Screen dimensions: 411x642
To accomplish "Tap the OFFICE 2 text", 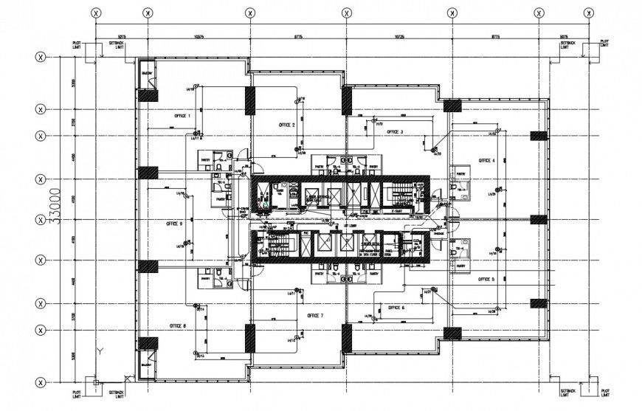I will [x=283, y=125].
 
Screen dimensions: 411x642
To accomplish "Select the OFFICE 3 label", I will [x=392, y=132].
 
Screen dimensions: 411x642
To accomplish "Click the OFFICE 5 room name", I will [x=486, y=280].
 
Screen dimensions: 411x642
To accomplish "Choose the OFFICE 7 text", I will [x=314, y=315].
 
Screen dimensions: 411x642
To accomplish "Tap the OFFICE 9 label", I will [x=174, y=222].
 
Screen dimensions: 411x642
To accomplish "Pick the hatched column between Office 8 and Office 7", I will [x=250, y=338].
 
